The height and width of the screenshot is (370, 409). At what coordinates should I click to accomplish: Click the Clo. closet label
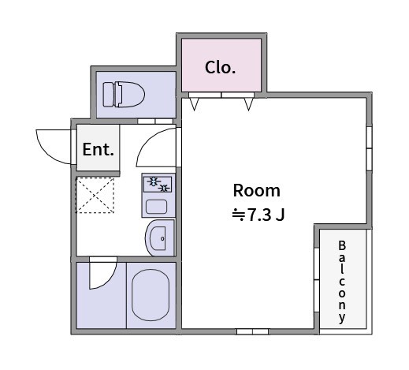coord(220,68)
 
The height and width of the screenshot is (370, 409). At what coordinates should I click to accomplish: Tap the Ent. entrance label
coord(99,149)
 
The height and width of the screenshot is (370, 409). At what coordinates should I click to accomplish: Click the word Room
coord(257,190)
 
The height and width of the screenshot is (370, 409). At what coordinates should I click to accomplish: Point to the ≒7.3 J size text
coord(258,215)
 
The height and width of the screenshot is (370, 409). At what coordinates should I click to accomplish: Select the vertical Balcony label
coord(342,282)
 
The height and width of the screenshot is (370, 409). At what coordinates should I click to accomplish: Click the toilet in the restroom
coord(124,95)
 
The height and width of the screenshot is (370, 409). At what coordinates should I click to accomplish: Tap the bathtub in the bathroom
coord(151,295)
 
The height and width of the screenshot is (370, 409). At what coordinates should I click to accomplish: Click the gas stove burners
coord(158,185)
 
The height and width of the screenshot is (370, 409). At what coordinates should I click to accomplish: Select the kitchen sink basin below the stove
coord(156,207)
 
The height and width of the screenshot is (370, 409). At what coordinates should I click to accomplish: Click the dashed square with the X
coord(95,195)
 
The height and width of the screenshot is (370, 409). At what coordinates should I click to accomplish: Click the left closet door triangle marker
coord(194,104)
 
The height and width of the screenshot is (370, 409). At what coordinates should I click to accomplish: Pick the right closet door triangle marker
coord(248,104)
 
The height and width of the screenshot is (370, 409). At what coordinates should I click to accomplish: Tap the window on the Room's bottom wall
coord(252,331)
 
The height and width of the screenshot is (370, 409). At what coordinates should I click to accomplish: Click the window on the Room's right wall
coord(369,148)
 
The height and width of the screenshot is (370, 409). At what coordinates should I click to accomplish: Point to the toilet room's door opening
coord(155,121)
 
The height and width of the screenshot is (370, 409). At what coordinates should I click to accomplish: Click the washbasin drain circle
coord(162,238)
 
